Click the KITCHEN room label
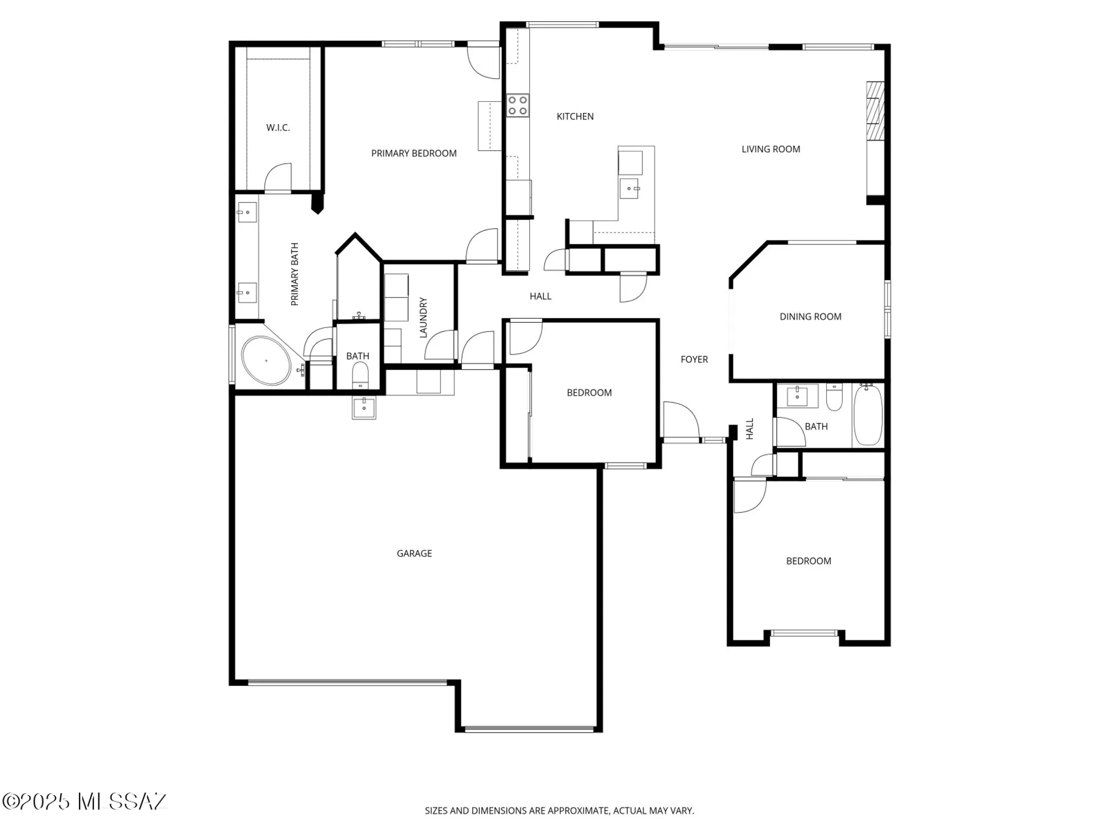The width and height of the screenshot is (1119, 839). (x=575, y=116)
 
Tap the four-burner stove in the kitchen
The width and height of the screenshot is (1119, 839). (x=518, y=106)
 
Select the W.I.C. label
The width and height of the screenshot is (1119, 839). (x=278, y=128)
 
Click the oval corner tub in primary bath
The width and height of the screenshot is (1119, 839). (x=266, y=361)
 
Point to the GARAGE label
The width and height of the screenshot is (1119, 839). (x=414, y=553)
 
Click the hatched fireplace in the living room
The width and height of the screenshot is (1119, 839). (x=875, y=110)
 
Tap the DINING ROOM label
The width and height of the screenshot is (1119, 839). (x=810, y=317)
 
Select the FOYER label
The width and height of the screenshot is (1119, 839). (x=694, y=360)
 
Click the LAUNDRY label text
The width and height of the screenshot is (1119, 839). (x=423, y=317)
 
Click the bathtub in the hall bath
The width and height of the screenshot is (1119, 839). (x=868, y=414)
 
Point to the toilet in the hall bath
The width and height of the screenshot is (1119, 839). (x=834, y=397)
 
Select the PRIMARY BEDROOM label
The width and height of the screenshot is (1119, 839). (x=413, y=153)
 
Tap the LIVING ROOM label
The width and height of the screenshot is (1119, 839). (x=770, y=149)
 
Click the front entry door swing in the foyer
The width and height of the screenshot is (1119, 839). (x=681, y=420)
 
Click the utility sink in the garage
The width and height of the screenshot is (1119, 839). (x=364, y=407)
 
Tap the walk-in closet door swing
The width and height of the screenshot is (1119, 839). (x=278, y=177)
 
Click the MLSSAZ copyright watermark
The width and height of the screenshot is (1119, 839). (x=84, y=802)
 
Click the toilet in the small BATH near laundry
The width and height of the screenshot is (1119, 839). (x=360, y=374)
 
